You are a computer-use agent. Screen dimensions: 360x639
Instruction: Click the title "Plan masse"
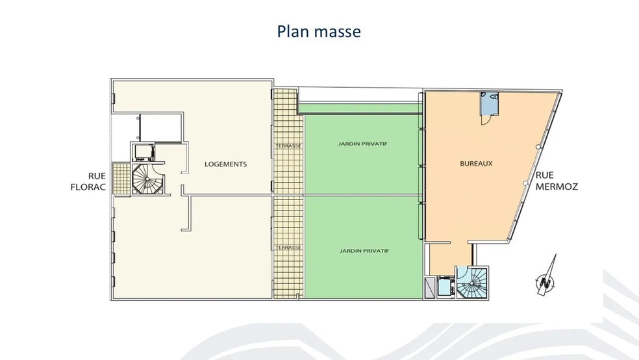319,31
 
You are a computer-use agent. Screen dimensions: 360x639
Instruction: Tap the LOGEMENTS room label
225,164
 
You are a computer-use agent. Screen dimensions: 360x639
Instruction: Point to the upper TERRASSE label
288,146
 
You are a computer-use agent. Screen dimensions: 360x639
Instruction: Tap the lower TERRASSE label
288,248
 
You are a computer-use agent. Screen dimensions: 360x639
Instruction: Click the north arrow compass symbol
546,277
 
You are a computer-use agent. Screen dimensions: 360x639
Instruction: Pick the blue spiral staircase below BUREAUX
473,283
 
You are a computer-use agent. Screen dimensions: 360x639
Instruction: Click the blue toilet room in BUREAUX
490,103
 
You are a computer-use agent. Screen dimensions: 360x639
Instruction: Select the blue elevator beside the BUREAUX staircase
445,287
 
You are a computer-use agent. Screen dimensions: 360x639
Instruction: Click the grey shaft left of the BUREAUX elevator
431,287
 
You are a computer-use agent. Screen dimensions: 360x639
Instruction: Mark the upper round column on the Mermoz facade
538,148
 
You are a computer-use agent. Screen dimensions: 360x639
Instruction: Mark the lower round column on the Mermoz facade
525,184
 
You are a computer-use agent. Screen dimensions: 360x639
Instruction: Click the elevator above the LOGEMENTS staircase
144,152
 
